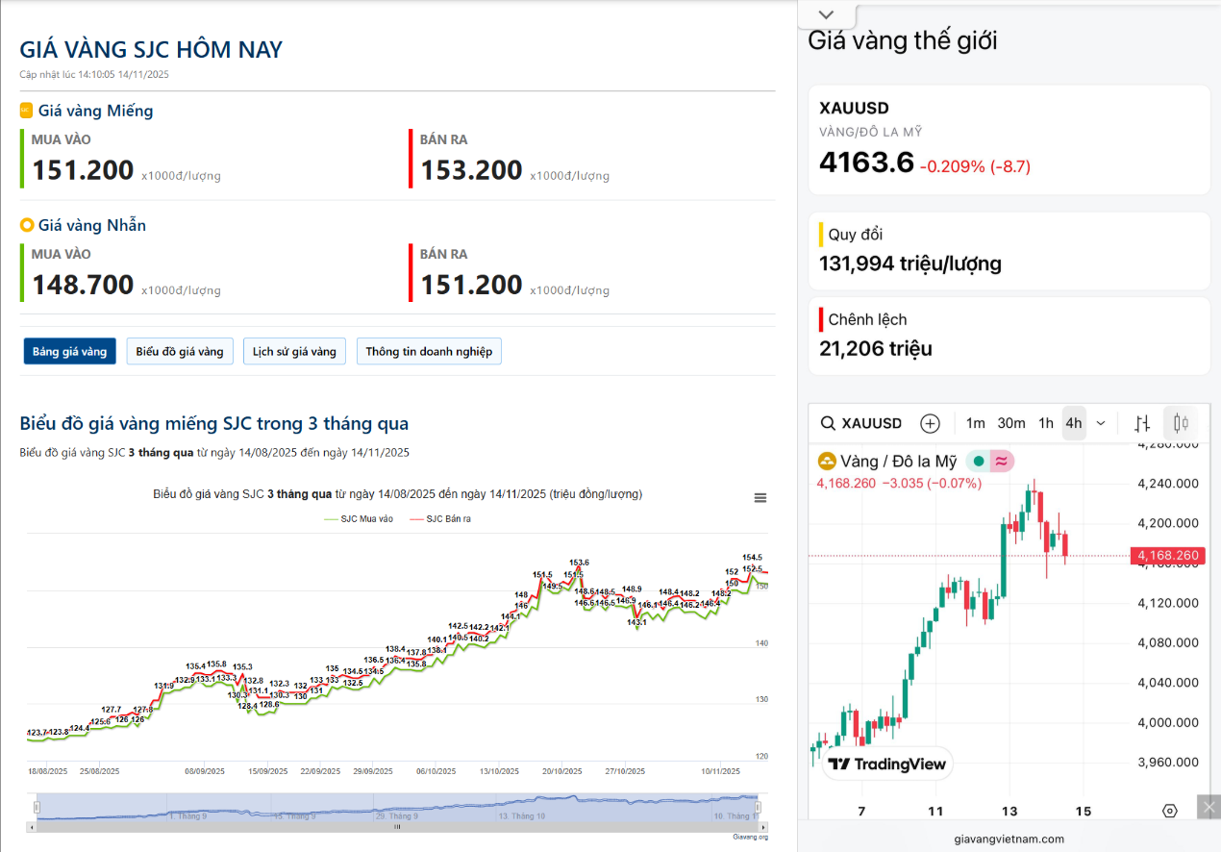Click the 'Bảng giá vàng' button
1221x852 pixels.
[70, 351]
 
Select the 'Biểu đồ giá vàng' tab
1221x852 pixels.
[180, 351]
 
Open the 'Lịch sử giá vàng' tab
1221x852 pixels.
[294, 351]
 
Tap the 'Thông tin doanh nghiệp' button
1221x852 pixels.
[429, 351]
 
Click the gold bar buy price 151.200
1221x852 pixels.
[83, 170]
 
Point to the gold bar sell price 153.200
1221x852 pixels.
[471, 170]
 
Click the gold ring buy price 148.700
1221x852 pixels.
[83, 285]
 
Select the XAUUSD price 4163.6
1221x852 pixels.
[866, 163]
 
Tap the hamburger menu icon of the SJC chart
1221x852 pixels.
[760, 497]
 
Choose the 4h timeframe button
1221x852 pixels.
[1073, 423]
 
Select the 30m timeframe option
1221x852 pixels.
[1010, 423]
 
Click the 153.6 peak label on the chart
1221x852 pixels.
[579, 563]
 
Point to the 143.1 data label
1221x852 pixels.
[636, 622]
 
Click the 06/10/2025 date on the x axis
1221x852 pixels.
[436, 771]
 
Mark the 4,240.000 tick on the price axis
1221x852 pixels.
[1167, 484]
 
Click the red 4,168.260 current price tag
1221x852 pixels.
[1168, 556]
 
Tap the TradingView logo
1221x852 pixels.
[887, 764]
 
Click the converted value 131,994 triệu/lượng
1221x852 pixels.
[910, 263]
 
